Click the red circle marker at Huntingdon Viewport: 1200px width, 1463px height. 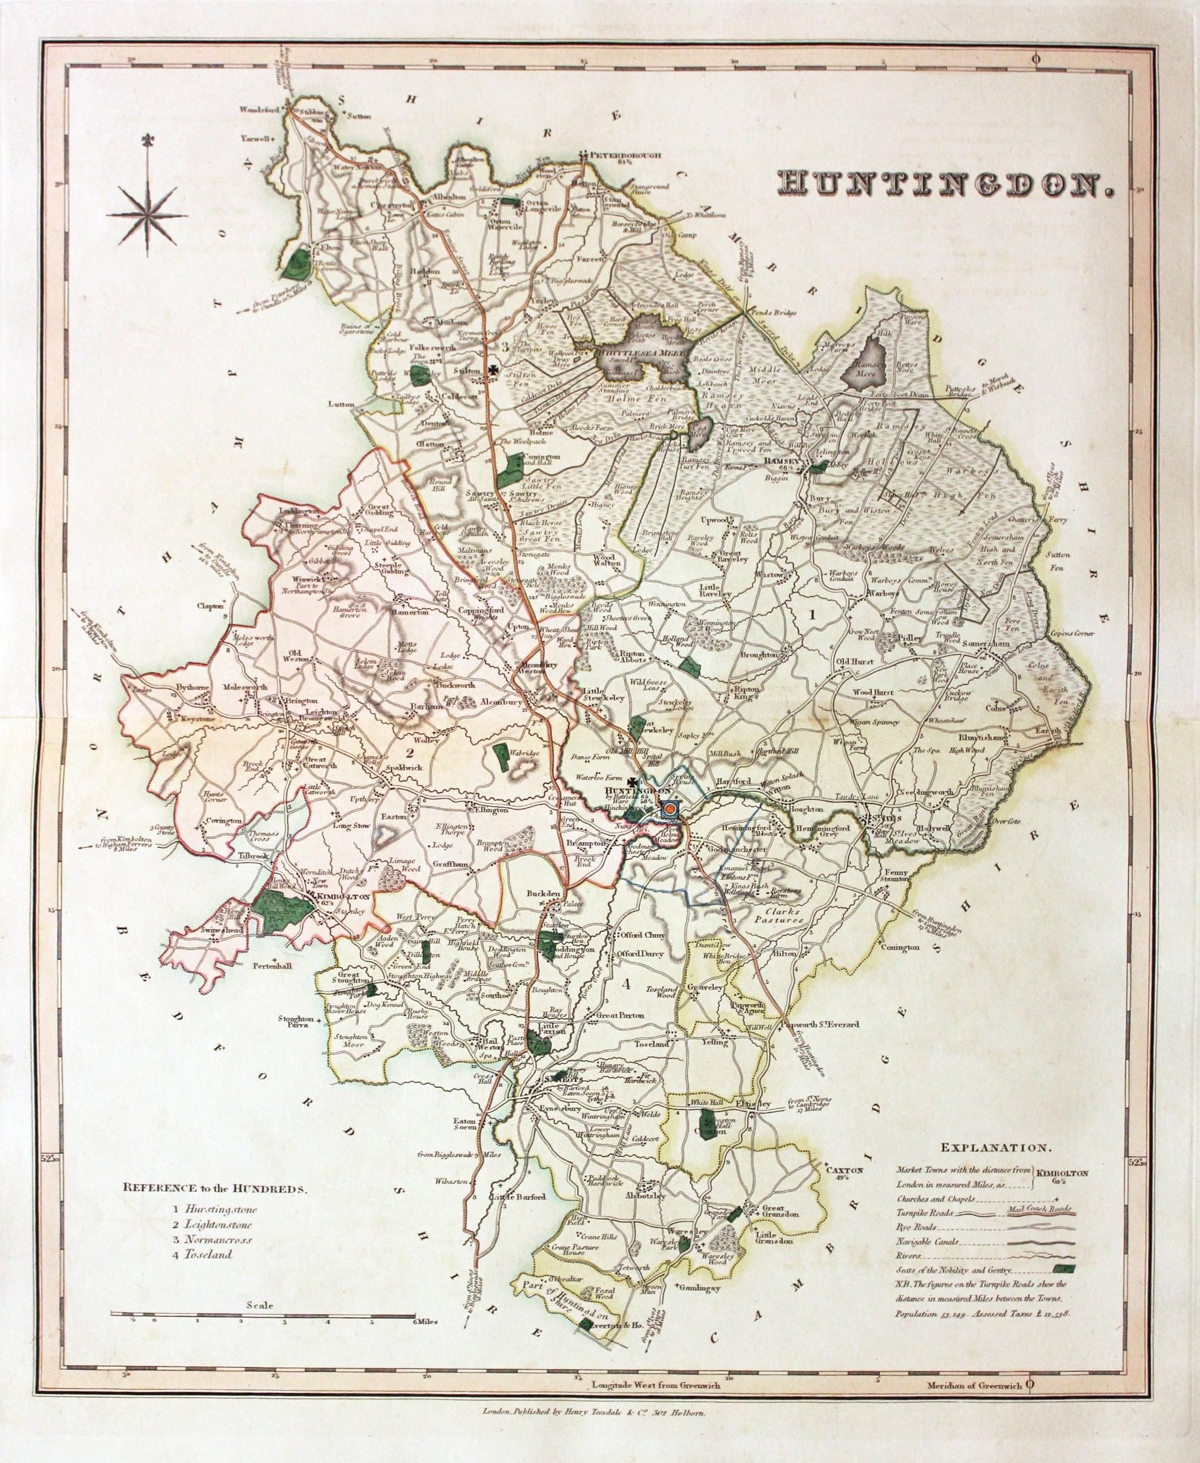tap(669, 808)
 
